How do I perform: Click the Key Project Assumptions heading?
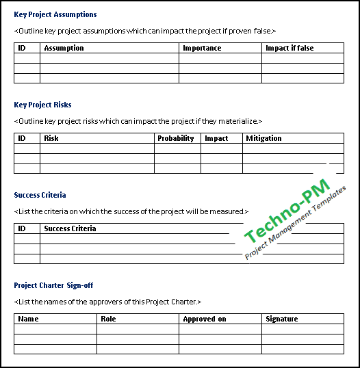coord(55,14)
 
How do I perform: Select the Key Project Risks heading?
coord(42,105)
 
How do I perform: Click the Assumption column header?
coord(64,48)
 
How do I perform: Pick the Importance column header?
coord(202,48)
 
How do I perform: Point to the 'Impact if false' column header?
coord(290,48)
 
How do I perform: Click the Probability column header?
coord(176,138)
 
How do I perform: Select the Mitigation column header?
coord(263,138)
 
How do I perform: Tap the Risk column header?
coord(51,138)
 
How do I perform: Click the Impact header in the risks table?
coord(216,138)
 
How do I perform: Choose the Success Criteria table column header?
coord(70,228)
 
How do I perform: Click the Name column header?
coord(28,319)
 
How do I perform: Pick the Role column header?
coord(108,319)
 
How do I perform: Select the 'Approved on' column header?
coord(204,319)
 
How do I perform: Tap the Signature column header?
coord(282,319)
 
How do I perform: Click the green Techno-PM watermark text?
coord(287,211)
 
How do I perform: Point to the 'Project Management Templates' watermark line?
coord(296,224)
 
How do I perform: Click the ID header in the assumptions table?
coord(21,48)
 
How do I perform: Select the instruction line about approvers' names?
coord(107,302)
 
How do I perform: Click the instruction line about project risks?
coord(138,121)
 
